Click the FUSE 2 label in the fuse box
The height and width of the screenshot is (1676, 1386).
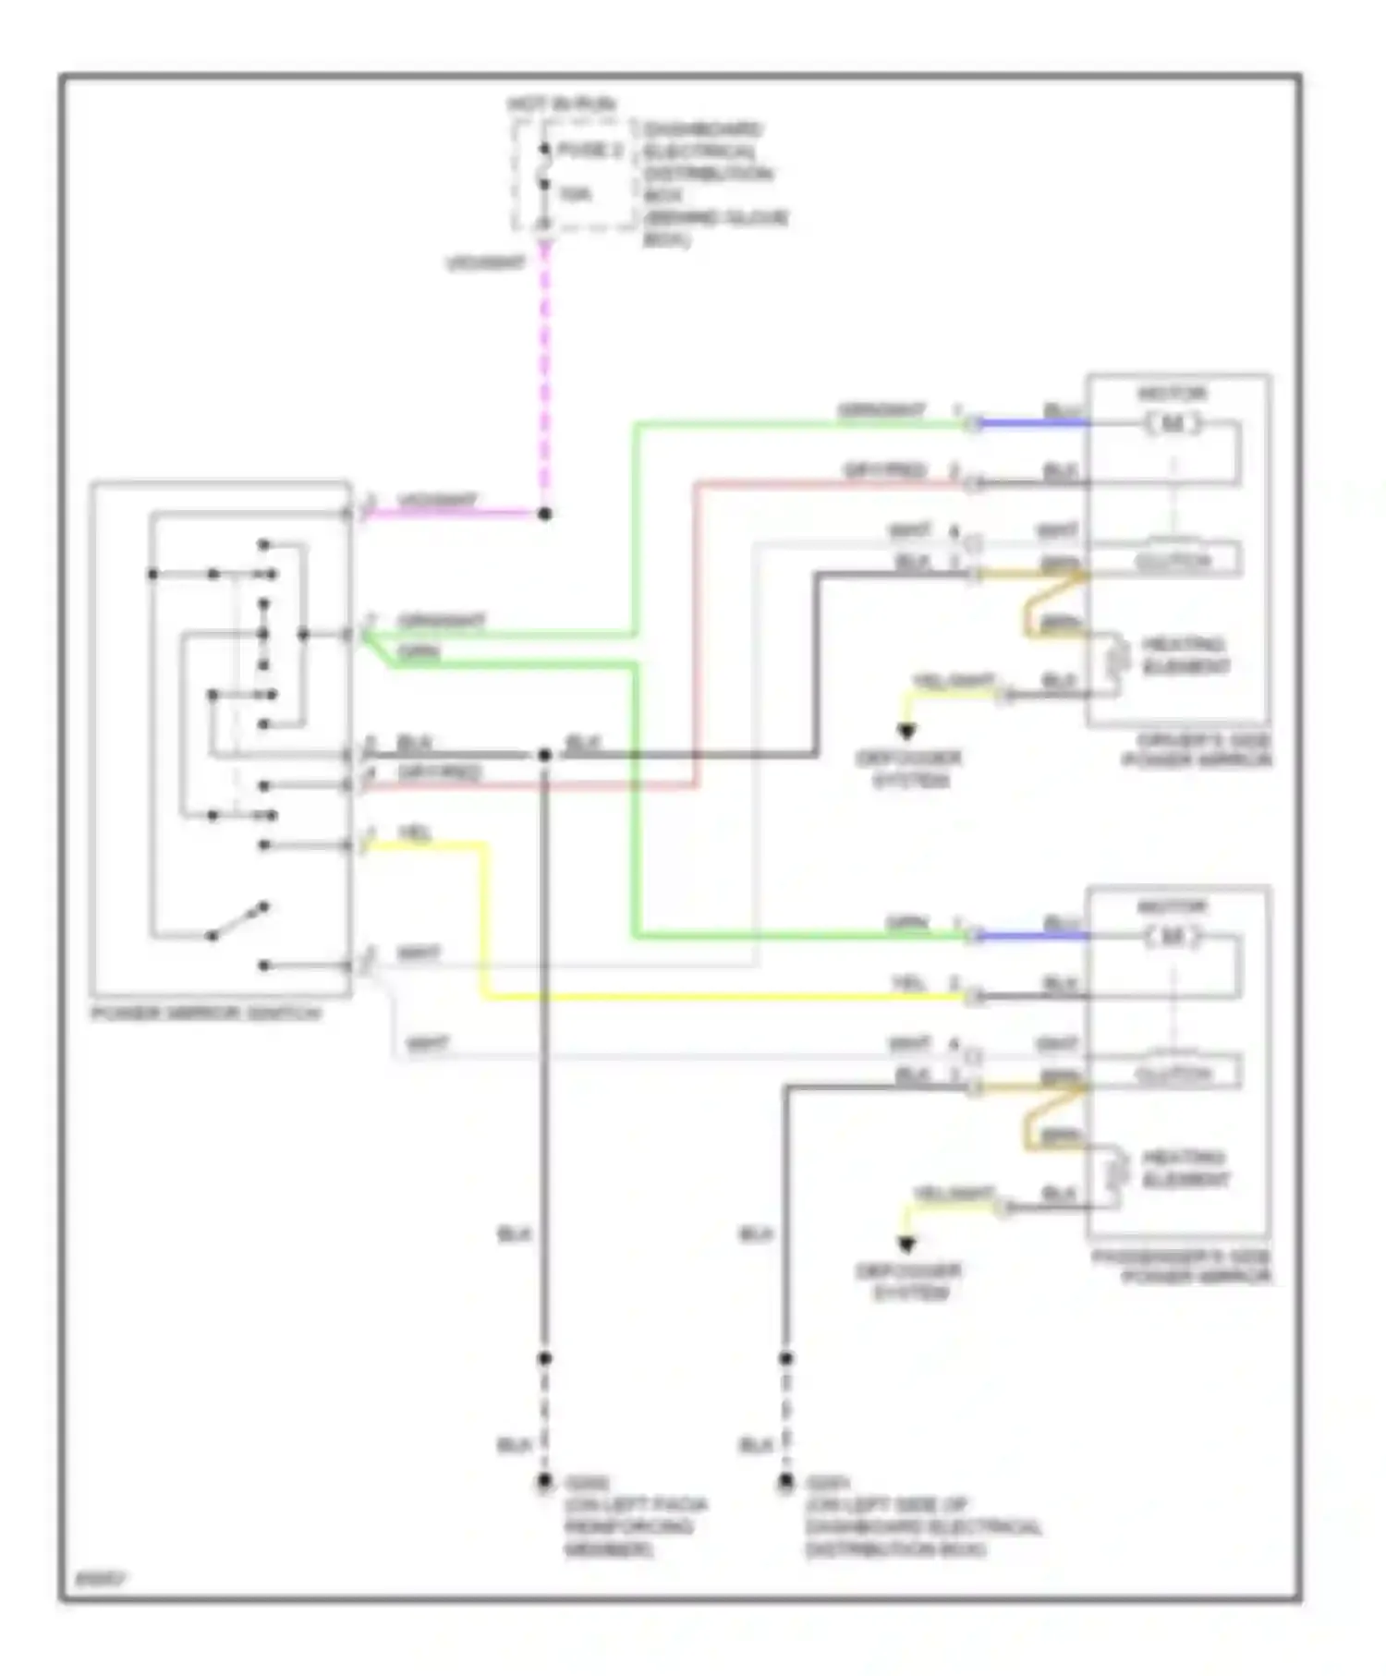(x=590, y=150)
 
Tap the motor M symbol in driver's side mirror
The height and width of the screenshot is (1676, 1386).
(x=1173, y=424)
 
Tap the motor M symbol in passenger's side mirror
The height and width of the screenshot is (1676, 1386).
(x=1173, y=937)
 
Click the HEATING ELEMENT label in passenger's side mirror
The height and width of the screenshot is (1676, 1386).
(x=1185, y=1169)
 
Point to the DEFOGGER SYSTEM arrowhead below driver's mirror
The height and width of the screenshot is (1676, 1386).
(x=907, y=732)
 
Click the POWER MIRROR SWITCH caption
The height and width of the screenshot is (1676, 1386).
(x=206, y=1014)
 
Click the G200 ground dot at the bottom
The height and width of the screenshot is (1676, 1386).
(x=544, y=1483)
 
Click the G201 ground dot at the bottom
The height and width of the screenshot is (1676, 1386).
(x=785, y=1483)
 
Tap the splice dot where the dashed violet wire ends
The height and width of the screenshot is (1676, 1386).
(x=545, y=513)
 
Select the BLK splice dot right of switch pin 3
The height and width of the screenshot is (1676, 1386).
(x=545, y=755)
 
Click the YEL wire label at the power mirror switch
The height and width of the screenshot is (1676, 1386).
(x=415, y=833)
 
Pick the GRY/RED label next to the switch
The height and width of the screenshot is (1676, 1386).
(x=440, y=771)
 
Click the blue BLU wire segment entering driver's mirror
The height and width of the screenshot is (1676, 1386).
(x=1033, y=424)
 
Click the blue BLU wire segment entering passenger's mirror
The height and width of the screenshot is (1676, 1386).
(x=1033, y=937)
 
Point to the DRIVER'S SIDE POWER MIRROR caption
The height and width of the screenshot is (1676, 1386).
(x=1198, y=750)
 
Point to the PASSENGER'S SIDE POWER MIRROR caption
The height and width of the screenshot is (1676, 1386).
(x=1183, y=1267)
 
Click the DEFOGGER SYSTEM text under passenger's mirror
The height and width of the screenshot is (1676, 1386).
(x=909, y=1281)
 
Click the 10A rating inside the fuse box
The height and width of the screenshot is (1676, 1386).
(x=575, y=194)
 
